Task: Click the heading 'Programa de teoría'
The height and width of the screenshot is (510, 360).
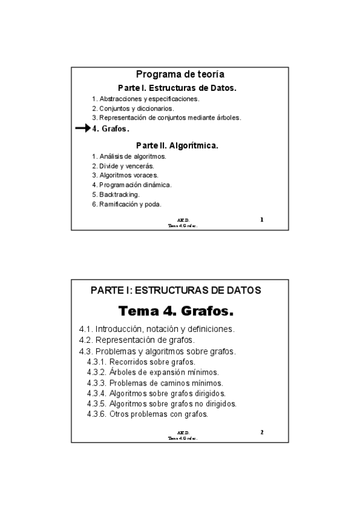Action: (180, 75)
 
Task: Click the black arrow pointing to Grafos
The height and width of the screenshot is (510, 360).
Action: (82, 129)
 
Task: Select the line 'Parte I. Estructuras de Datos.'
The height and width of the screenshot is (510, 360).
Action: (177, 88)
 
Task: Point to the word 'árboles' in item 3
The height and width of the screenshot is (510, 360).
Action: (228, 118)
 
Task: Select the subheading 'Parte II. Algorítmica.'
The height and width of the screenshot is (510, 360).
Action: (177, 146)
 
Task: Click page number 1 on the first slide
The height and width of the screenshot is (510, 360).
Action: (261, 220)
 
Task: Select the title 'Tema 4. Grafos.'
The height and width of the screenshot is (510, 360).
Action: (176, 312)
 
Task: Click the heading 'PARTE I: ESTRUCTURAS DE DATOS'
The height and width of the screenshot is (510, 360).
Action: (176, 290)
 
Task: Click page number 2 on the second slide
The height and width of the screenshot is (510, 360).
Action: (261, 432)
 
